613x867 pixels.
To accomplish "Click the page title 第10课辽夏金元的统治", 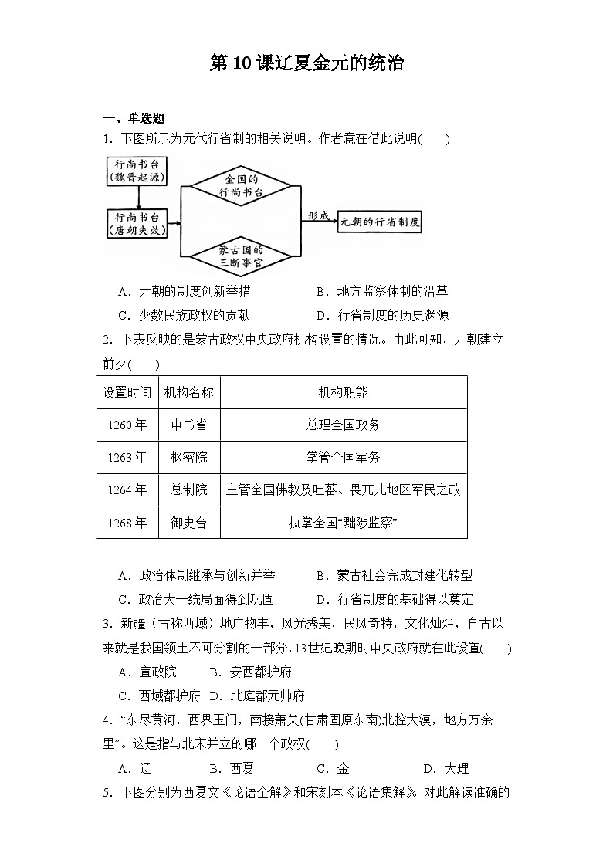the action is [306, 64].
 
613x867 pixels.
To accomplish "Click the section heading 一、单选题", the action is [134, 118].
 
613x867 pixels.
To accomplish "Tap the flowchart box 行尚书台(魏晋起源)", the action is [137, 171].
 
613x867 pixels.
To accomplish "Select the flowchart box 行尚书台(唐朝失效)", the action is [137, 224].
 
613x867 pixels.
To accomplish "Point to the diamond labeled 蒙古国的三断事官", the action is [241, 256].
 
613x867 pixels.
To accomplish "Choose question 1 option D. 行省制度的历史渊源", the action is [382, 315].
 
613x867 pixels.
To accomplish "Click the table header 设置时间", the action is [127, 392].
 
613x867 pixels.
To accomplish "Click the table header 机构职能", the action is [344, 392].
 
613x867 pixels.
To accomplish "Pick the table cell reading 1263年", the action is [127, 457].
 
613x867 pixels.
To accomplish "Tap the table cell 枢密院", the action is [189, 457].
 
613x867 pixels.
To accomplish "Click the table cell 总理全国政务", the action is [344, 425].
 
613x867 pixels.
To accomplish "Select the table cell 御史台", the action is [189, 523].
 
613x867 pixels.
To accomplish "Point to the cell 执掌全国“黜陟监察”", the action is [344, 523].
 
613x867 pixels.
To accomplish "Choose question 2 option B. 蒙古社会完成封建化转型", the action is [394, 576].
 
